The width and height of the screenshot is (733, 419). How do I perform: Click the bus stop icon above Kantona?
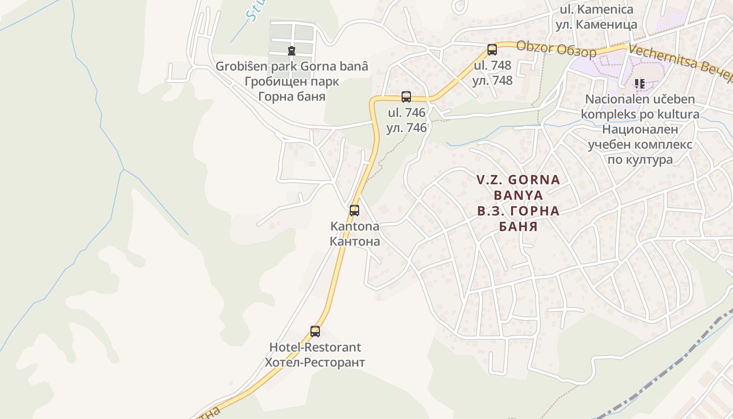point(354,211)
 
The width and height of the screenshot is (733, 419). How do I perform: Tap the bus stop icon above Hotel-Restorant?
point(315,332)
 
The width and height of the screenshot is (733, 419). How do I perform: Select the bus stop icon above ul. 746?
point(406,97)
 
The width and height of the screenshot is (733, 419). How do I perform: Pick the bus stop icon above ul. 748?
point(492,50)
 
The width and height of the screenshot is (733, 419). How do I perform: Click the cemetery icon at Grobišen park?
point(292,51)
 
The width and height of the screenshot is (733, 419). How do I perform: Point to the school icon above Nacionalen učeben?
point(639,84)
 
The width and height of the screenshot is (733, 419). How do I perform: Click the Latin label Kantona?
point(354,227)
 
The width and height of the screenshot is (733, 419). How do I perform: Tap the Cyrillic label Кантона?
point(354,241)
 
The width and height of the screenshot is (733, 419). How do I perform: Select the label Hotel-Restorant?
point(315,347)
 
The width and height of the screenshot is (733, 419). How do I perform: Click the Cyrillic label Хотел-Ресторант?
point(315,362)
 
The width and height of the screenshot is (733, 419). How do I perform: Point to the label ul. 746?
point(406,113)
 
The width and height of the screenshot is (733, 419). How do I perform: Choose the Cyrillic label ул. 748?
point(492,81)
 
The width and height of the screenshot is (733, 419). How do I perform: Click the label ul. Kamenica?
point(596,9)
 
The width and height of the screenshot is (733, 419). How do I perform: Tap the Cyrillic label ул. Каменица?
point(596,24)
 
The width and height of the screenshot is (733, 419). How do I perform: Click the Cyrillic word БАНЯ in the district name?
point(518,227)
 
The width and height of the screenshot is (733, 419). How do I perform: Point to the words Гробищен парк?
point(292,82)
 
